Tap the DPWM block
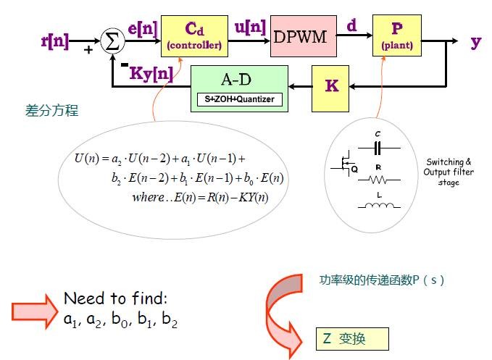[x=304, y=36]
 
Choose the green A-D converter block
[x=239, y=88]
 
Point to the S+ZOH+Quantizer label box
[x=239, y=99]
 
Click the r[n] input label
[x=55, y=41]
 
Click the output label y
[x=475, y=41]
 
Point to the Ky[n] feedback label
[x=151, y=72]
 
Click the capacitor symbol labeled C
[x=378, y=147]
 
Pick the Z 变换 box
[x=352, y=338]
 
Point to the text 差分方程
[x=51, y=111]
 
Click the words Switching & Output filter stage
[x=448, y=172]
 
